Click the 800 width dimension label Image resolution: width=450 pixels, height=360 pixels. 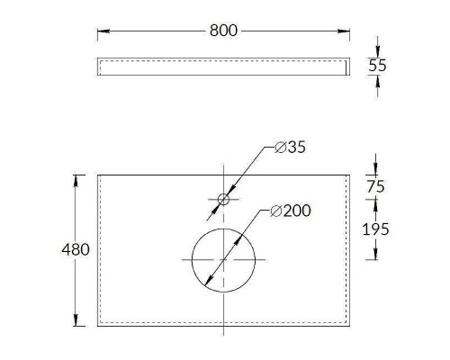click(x=223, y=31)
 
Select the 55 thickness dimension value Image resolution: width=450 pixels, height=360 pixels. click(x=377, y=66)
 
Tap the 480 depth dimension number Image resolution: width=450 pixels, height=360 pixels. click(x=76, y=249)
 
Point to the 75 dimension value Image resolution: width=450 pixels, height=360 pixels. click(x=375, y=186)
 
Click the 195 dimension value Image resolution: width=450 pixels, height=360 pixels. click(x=375, y=229)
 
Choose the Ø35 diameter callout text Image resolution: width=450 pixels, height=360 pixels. click(x=290, y=147)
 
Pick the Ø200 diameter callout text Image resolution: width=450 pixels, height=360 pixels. click(x=291, y=211)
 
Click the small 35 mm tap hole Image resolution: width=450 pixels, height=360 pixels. click(x=223, y=199)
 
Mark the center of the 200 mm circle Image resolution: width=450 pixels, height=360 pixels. click(x=223, y=259)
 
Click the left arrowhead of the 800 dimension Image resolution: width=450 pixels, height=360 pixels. click(x=103, y=31)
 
